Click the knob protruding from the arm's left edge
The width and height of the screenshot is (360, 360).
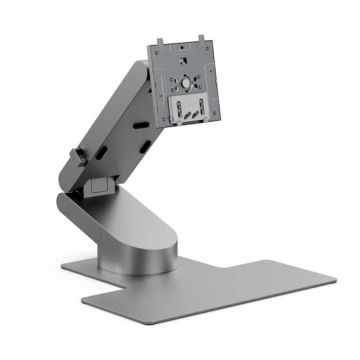75,158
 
